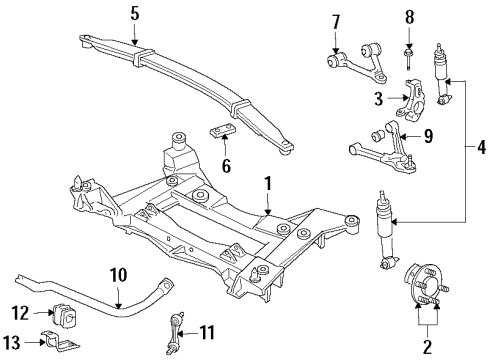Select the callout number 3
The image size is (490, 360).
click(x=378, y=97)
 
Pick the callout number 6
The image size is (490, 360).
click(x=225, y=166)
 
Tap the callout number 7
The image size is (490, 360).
click(x=336, y=21)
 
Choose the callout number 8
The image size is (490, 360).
click(x=408, y=17)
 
